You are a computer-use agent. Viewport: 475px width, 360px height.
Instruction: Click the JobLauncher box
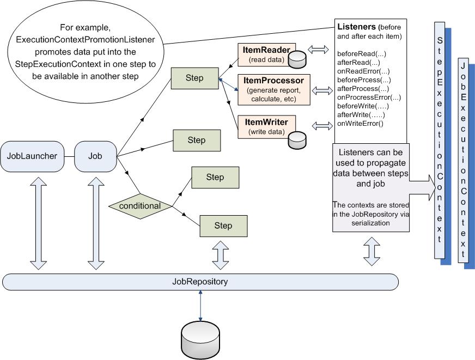pyautogui.click(x=32, y=156)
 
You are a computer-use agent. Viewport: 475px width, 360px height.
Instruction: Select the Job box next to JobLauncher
pyautogui.click(x=95, y=156)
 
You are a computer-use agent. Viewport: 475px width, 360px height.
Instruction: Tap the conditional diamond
pyautogui.click(x=140, y=206)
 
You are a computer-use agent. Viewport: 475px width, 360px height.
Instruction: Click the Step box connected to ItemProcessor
pyautogui.click(x=194, y=78)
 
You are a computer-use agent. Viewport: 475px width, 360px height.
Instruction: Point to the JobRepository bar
pyautogui.click(x=200, y=282)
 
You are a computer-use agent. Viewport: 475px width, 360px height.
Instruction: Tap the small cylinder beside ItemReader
pyautogui.click(x=297, y=59)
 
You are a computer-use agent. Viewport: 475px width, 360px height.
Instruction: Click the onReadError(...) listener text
pyautogui.click(x=363, y=71)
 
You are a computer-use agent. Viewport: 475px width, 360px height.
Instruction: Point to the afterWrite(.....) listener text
pyautogui.click(x=361, y=115)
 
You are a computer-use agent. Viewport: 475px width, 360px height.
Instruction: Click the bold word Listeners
pyautogui.click(x=356, y=27)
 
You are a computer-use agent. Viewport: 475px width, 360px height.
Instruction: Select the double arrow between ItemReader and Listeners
pyautogui.click(x=318, y=50)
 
